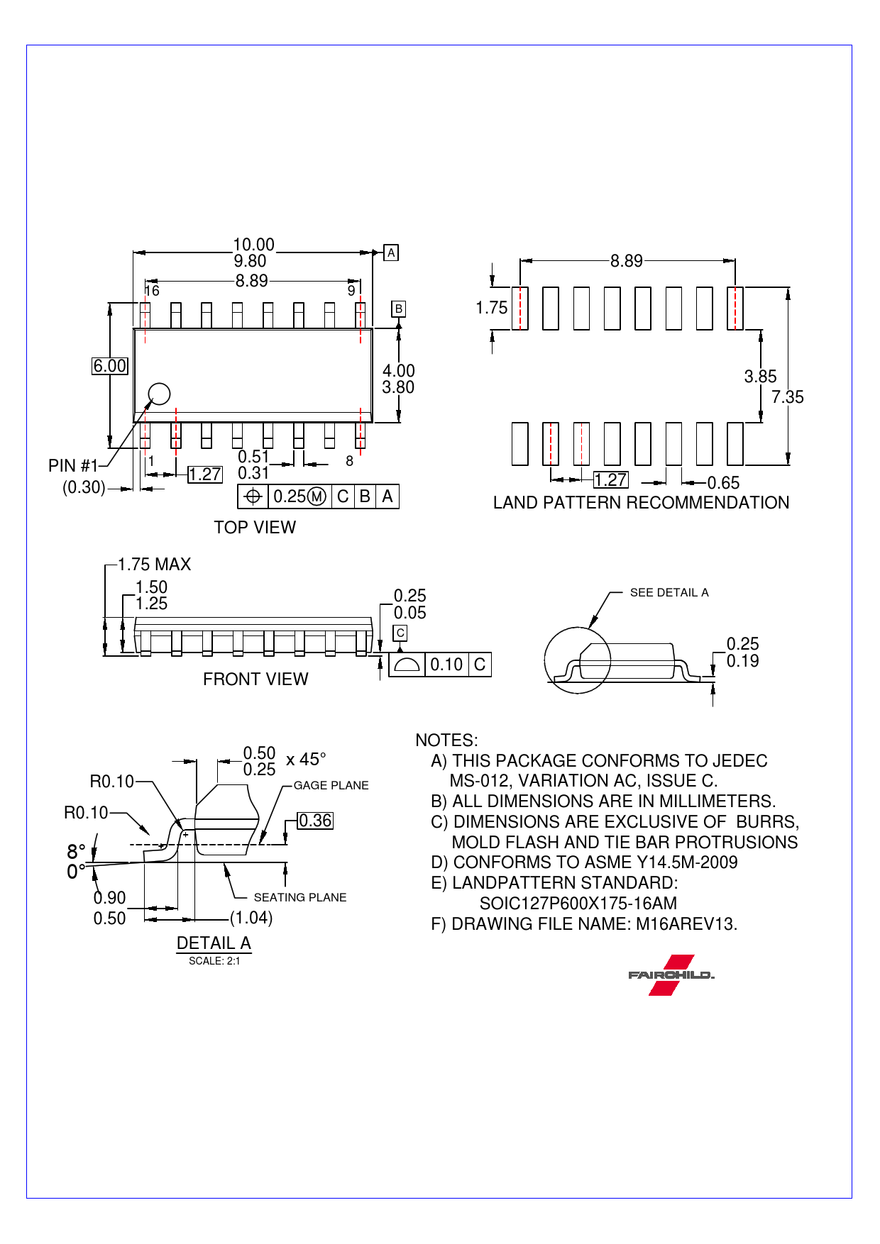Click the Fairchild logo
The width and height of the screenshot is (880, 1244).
click(x=671, y=974)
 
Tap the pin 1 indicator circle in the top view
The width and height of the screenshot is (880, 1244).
click(x=159, y=394)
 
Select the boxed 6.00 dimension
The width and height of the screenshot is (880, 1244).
click(x=110, y=366)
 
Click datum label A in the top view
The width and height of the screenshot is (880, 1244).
click(x=390, y=252)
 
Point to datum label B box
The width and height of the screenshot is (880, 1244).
click(x=398, y=309)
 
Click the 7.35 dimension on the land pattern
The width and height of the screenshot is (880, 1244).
click(x=788, y=397)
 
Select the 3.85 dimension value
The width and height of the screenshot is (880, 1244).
click(x=760, y=377)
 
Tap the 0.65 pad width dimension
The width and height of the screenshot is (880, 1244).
click(x=723, y=483)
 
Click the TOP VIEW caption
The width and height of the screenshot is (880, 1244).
click(x=255, y=527)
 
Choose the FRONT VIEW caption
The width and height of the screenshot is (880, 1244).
click(x=255, y=679)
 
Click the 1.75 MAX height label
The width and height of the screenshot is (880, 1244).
click(x=154, y=565)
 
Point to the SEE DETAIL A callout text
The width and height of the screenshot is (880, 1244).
click(x=669, y=593)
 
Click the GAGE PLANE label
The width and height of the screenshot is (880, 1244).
click(x=331, y=785)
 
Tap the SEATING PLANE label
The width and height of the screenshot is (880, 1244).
click(x=300, y=897)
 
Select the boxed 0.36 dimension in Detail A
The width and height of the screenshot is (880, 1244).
click(x=315, y=821)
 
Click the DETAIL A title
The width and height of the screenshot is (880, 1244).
click(x=214, y=943)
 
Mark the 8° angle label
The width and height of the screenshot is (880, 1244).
click(x=76, y=851)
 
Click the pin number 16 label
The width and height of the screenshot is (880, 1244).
click(x=152, y=291)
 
